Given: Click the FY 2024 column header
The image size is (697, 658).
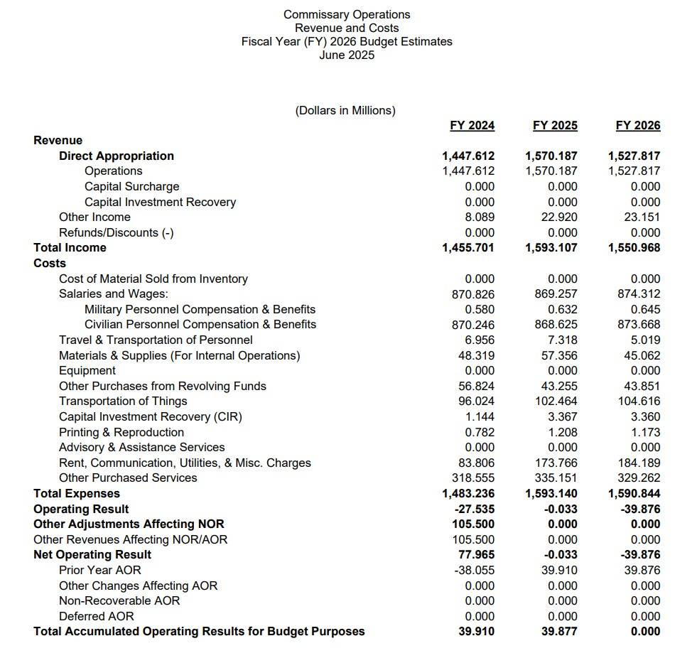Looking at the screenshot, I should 472,126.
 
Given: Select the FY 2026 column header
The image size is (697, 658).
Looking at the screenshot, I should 637,126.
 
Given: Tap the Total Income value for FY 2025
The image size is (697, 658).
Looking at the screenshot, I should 551,248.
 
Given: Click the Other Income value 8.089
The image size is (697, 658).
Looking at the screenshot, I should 480,217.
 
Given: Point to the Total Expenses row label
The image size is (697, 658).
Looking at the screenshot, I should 77,494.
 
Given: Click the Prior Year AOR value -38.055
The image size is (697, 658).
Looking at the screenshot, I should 475,571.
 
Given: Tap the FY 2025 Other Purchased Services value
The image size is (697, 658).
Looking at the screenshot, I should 556,478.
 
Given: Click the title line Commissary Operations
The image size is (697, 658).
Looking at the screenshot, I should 347,14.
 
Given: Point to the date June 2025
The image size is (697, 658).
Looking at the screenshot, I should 347,55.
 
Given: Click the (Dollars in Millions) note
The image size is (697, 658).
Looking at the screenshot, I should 345,111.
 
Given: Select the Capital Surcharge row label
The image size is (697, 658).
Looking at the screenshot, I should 131,187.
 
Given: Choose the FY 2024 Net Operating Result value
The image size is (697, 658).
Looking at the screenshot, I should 477,555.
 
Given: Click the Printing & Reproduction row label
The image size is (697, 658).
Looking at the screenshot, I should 121,433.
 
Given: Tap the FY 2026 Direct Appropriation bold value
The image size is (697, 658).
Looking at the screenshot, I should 634,156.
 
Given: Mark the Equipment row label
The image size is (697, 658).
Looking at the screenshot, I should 87,371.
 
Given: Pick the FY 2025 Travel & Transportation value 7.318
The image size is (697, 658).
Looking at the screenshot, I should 563,340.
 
